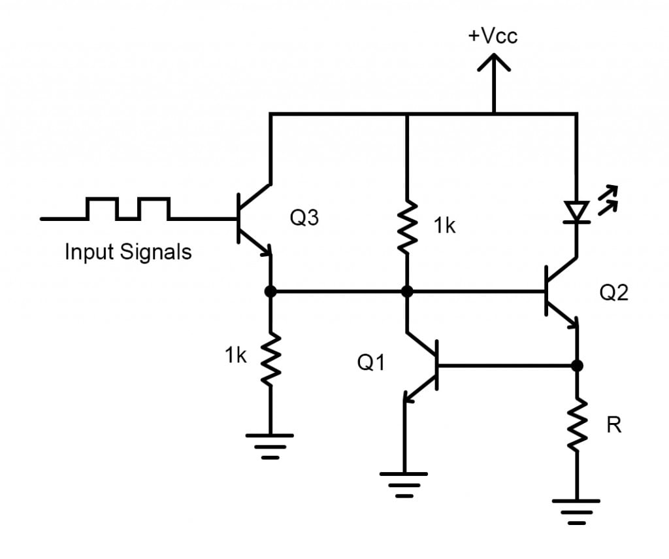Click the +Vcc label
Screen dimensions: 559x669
(x=493, y=35)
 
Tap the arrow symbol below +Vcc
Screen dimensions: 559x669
(x=493, y=65)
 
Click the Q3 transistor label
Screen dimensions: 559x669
(x=304, y=218)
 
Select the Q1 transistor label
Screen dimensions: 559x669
(x=371, y=362)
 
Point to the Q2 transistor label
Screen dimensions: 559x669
(x=613, y=292)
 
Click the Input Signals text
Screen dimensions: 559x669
(x=128, y=252)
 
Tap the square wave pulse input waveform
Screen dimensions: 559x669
(x=128, y=209)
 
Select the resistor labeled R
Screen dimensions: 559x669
(x=577, y=425)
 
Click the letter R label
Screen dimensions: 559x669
(x=613, y=426)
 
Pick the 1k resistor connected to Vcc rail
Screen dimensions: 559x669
(x=407, y=226)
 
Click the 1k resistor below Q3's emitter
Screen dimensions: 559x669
(x=270, y=356)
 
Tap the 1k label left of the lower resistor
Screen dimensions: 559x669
(x=235, y=355)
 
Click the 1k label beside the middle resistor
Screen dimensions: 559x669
(x=444, y=226)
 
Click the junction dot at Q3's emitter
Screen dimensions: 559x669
(x=270, y=292)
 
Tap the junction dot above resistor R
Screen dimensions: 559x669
(x=577, y=365)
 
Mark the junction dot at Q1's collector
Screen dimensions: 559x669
(x=407, y=292)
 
